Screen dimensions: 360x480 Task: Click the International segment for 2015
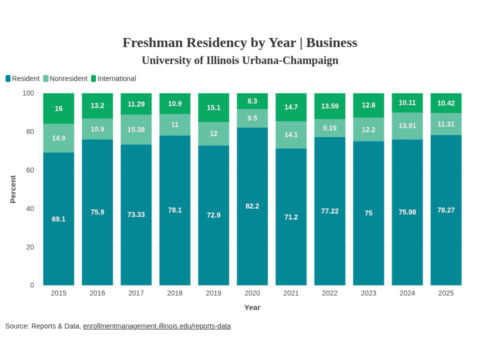59,108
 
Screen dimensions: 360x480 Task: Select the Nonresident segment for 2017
136,129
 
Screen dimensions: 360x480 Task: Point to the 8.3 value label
252,101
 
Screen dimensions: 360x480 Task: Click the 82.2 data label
252,206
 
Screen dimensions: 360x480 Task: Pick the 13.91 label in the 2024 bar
407,126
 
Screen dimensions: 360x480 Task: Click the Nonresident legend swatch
46,79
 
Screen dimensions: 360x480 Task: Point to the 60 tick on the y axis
29,170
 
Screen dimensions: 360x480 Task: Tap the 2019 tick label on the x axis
213,293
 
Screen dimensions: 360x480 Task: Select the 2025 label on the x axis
446,293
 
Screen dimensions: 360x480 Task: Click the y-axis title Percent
13,189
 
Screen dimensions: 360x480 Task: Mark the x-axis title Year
252,307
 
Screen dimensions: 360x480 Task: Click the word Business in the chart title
331,43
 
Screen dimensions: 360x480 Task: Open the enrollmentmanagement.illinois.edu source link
157,326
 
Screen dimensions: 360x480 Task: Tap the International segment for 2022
330,106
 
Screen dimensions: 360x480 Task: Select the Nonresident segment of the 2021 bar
291,135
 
